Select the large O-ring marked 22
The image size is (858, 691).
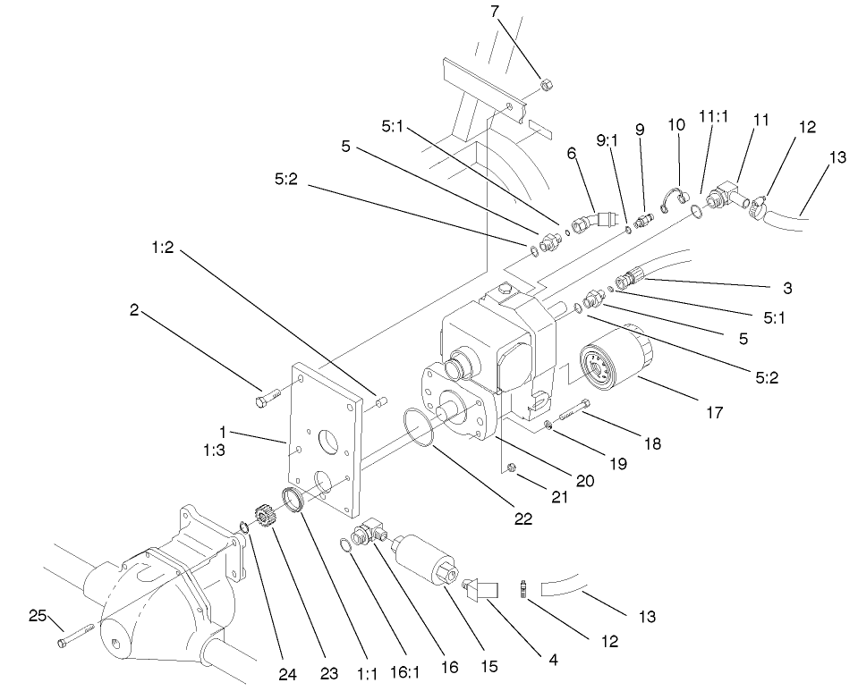(421, 427)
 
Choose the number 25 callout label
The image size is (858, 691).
(36, 616)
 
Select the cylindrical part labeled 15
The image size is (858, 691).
(428, 554)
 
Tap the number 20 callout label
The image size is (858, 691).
(585, 480)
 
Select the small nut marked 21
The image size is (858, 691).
(511, 468)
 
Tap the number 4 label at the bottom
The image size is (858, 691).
(553, 662)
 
